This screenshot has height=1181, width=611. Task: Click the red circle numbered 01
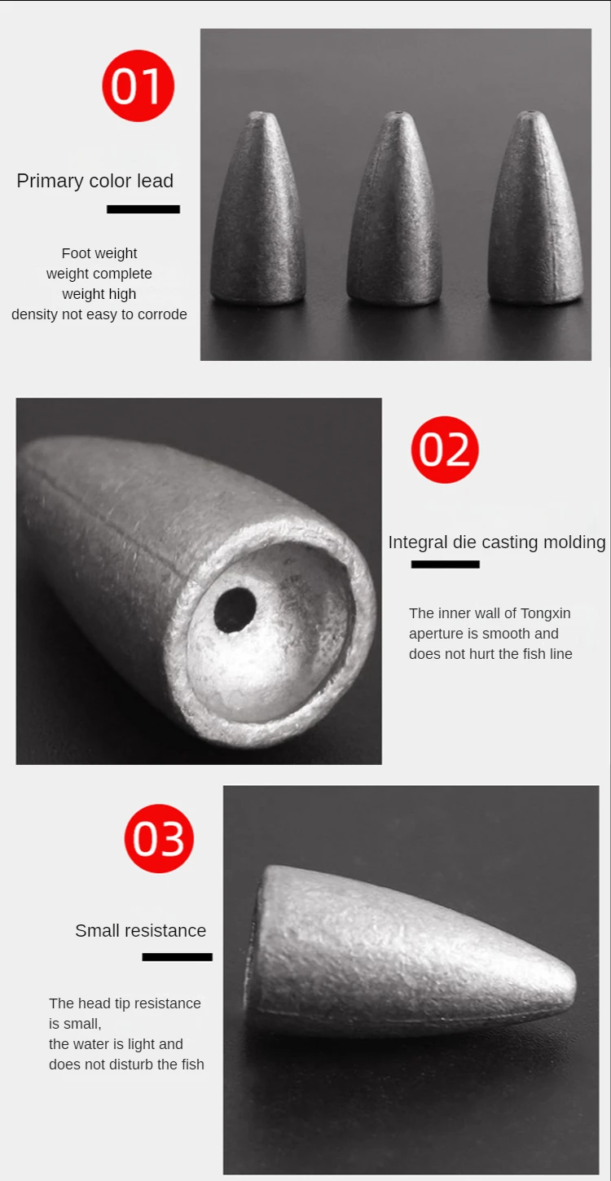138,86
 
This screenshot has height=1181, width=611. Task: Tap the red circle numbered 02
445,450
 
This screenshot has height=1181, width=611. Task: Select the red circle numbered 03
159,838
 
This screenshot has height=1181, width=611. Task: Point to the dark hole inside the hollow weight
235,609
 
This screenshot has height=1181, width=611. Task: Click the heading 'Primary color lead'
95,181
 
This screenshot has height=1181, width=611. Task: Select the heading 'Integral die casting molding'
497,542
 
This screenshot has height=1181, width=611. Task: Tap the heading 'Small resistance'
140,931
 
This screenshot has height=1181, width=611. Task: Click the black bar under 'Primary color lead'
143,209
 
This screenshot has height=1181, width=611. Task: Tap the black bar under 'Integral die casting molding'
445,564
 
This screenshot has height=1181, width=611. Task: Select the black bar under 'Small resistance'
177,956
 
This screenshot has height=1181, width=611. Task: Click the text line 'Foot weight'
99,253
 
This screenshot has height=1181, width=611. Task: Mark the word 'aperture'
435,634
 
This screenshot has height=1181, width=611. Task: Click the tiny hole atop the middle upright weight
398,114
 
